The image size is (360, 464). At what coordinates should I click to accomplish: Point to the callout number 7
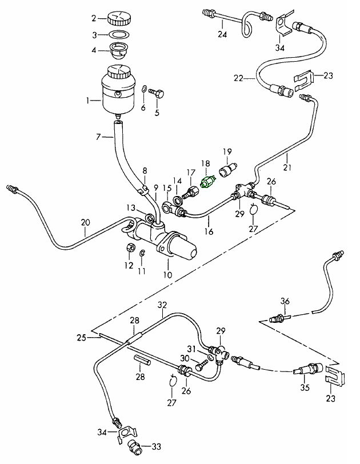[x=98, y=137]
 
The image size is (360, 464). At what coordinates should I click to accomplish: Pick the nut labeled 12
[x=129, y=249]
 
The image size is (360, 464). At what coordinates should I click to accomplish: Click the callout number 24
[x=222, y=34]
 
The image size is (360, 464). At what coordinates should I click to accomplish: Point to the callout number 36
[x=286, y=301]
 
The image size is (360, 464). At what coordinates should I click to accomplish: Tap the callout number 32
[x=162, y=304]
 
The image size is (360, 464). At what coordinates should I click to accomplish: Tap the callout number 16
[x=210, y=233]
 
